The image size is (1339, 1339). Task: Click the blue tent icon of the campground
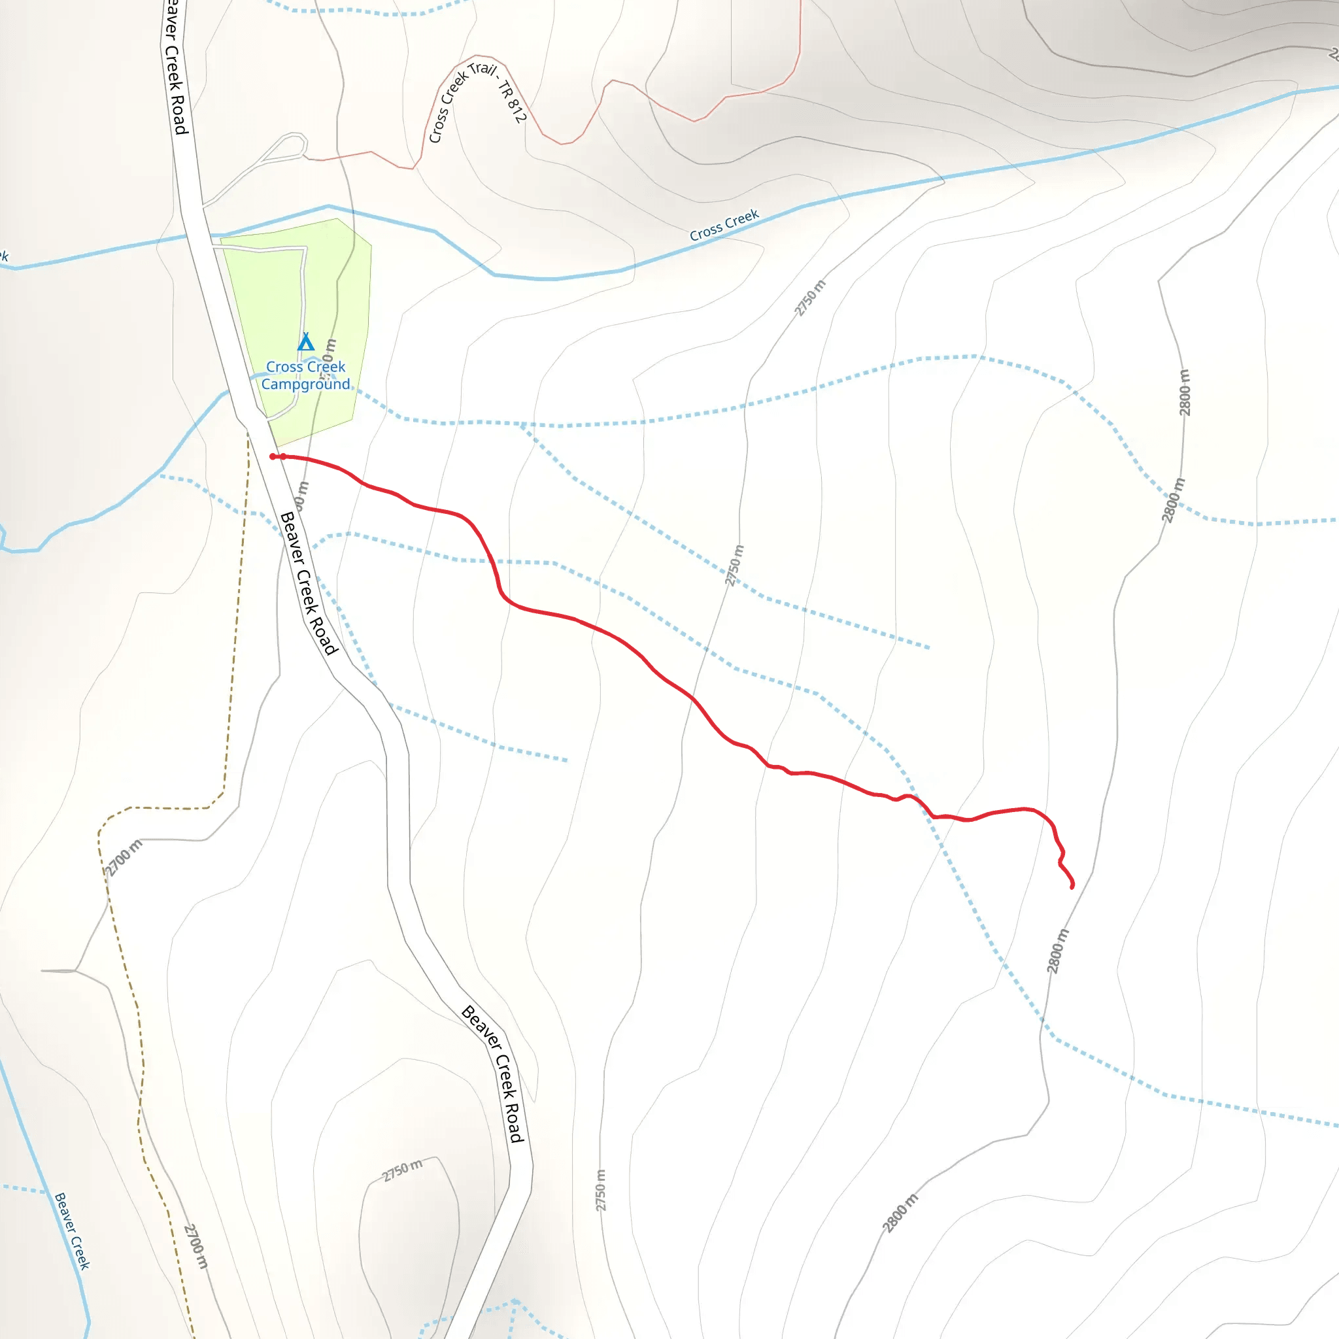coord(305,343)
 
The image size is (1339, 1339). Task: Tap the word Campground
coord(305,384)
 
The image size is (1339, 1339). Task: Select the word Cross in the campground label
coord(284,367)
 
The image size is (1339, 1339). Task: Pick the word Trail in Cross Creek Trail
coord(483,70)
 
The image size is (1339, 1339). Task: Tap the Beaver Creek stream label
coord(72,1231)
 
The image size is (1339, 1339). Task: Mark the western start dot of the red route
coord(273,457)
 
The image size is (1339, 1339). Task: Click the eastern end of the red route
coord(1072,887)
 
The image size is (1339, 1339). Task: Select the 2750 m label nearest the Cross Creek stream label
coord(810,298)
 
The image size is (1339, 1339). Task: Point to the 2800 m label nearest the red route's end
coord(1058,951)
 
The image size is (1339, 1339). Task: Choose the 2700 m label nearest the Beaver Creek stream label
coord(196,1246)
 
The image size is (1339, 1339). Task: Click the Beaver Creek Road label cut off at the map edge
coord(175,66)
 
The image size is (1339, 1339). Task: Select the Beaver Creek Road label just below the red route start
coord(309,583)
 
